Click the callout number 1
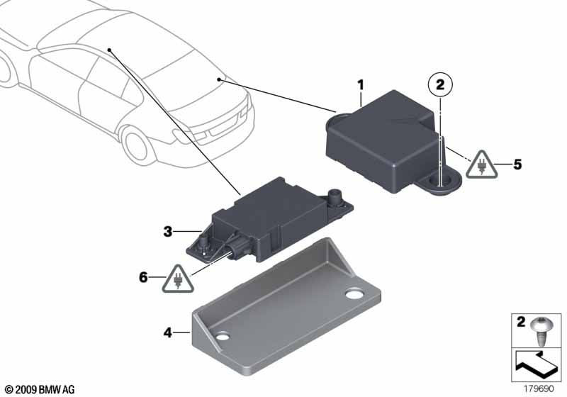pyautogui.click(x=360, y=86)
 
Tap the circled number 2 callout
pyautogui.click(x=440, y=86)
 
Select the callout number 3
pyautogui.click(x=167, y=231)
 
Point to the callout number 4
pyautogui.click(x=167, y=332)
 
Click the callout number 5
pyautogui.click(x=517, y=165)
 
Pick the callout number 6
pyautogui.click(x=144, y=278)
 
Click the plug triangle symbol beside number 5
pyautogui.click(x=481, y=165)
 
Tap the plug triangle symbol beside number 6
pyautogui.click(x=178, y=279)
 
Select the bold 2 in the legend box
pyautogui.click(x=521, y=321)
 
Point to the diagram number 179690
pyautogui.click(x=539, y=388)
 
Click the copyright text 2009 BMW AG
pyautogui.click(x=40, y=390)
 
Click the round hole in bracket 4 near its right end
pyautogui.click(x=354, y=294)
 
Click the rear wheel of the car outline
pyautogui.click(x=135, y=144)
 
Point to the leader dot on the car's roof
pyautogui.click(x=109, y=50)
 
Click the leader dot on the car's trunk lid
pyautogui.click(x=219, y=79)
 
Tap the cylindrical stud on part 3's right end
pyautogui.click(x=333, y=196)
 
